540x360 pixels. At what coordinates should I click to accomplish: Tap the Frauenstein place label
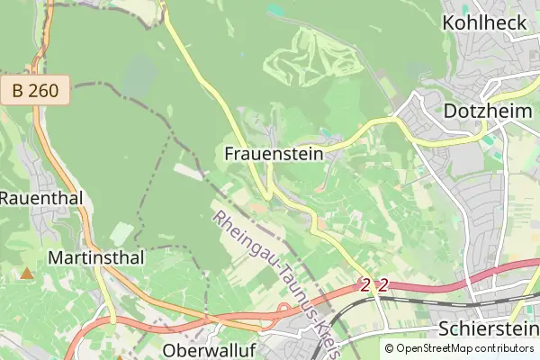pyautogui.click(x=273, y=154)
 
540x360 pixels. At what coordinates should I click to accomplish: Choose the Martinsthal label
pyautogui.click(x=97, y=258)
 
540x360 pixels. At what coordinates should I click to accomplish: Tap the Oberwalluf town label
pyautogui.click(x=206, y=348)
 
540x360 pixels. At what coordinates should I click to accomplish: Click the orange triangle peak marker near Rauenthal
pyautogui.click(x=28, y=272)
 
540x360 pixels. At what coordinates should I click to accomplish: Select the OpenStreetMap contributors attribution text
pyautogui.click(x=464, y=348)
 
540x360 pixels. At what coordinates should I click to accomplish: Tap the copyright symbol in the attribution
pyautogui.click(x=390, y=348)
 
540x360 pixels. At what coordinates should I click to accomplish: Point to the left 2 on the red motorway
pyautogui.click(x=365, y=284)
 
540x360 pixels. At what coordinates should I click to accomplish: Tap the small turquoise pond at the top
pyautogui.click(x=276, y=10)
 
